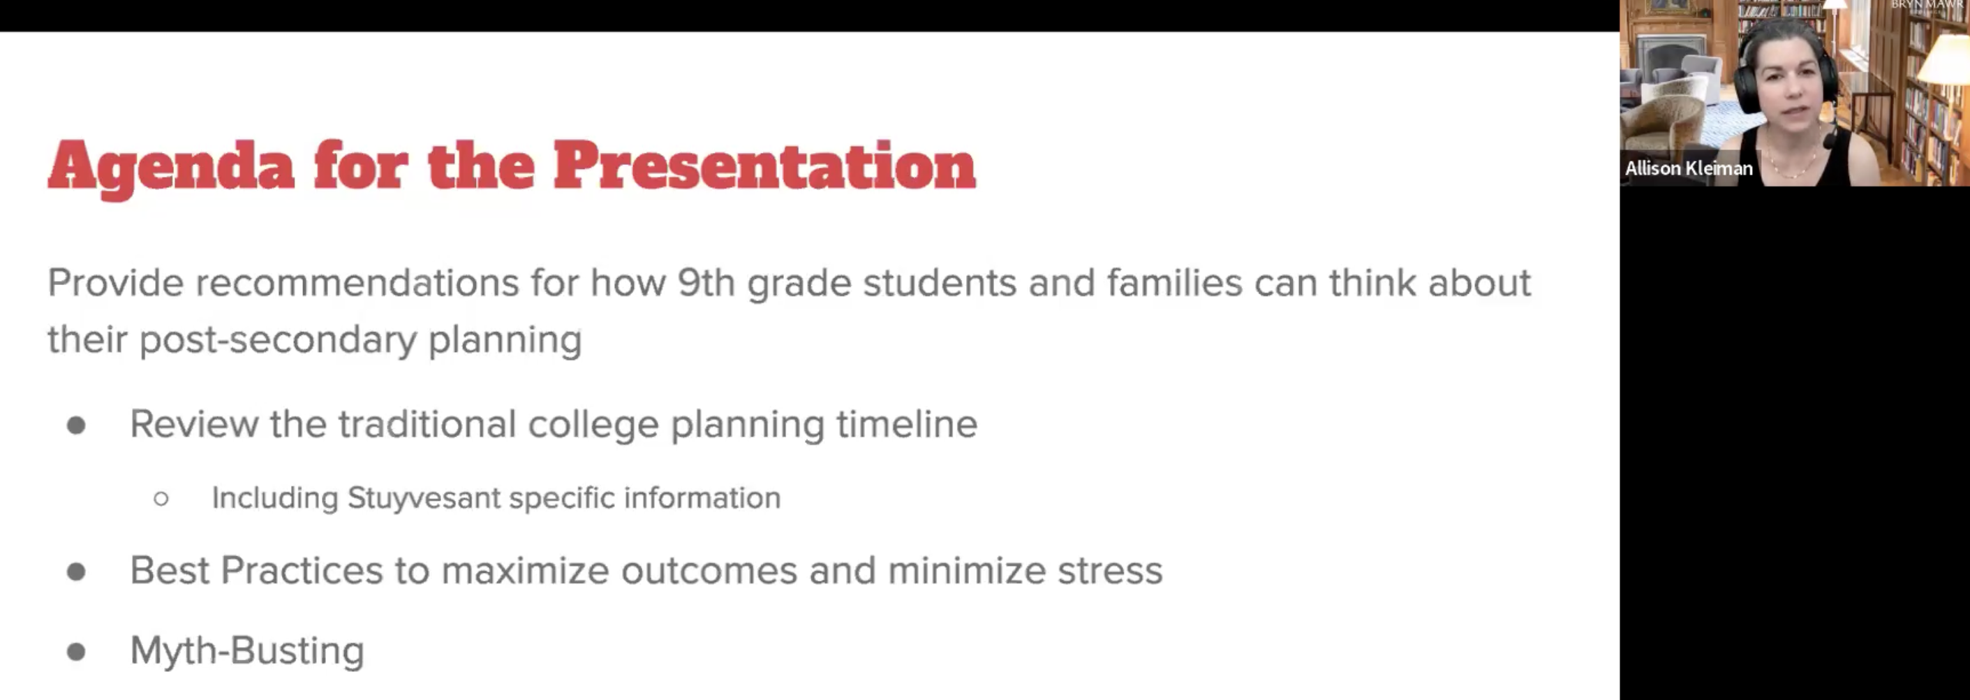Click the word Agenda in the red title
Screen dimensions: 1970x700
click(x=171, y=168)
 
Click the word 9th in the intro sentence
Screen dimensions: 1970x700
click(x=706, y=282)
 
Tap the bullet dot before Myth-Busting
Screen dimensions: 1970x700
click(x=75, y=652)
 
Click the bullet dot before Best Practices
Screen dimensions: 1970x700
click(x=75, y=571)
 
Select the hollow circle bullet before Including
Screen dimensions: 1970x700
click(x=161, y=500)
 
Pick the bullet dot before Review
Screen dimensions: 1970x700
click(x=75, y=425)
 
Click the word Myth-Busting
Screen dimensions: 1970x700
click(x=247, y=651)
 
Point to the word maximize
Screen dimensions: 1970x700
click(x=525, y=571)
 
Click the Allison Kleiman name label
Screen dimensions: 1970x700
click(x=1689, y=168)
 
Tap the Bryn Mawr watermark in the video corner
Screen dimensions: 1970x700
click(x=1928, y=5)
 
